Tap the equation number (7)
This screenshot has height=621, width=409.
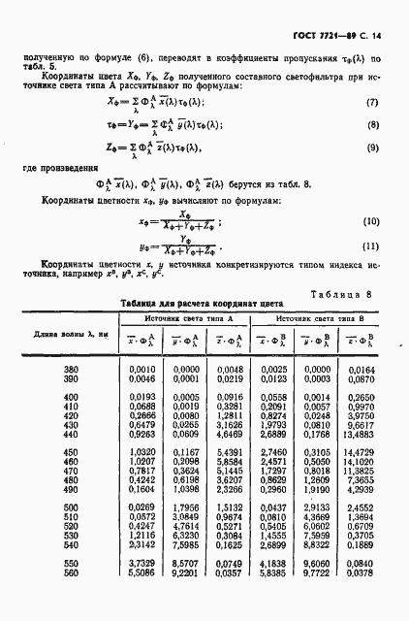pyautogui.click(x=370, y=103)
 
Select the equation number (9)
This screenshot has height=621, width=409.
pyautogui.click(x=370, y=147)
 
